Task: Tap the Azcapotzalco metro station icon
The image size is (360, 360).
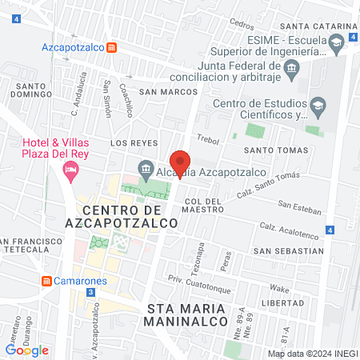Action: coord(114,46)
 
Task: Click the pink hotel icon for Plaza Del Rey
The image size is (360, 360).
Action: coord(72,169)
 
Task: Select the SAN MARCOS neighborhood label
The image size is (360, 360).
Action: coord(168,92)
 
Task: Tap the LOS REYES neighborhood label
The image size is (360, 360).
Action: coord(129,142)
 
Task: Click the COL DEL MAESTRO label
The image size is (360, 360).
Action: coord(203,206)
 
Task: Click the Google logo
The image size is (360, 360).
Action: coord(27,350)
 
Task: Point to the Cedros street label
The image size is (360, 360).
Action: coord(241,23)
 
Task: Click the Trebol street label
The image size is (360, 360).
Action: coord(207,139)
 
